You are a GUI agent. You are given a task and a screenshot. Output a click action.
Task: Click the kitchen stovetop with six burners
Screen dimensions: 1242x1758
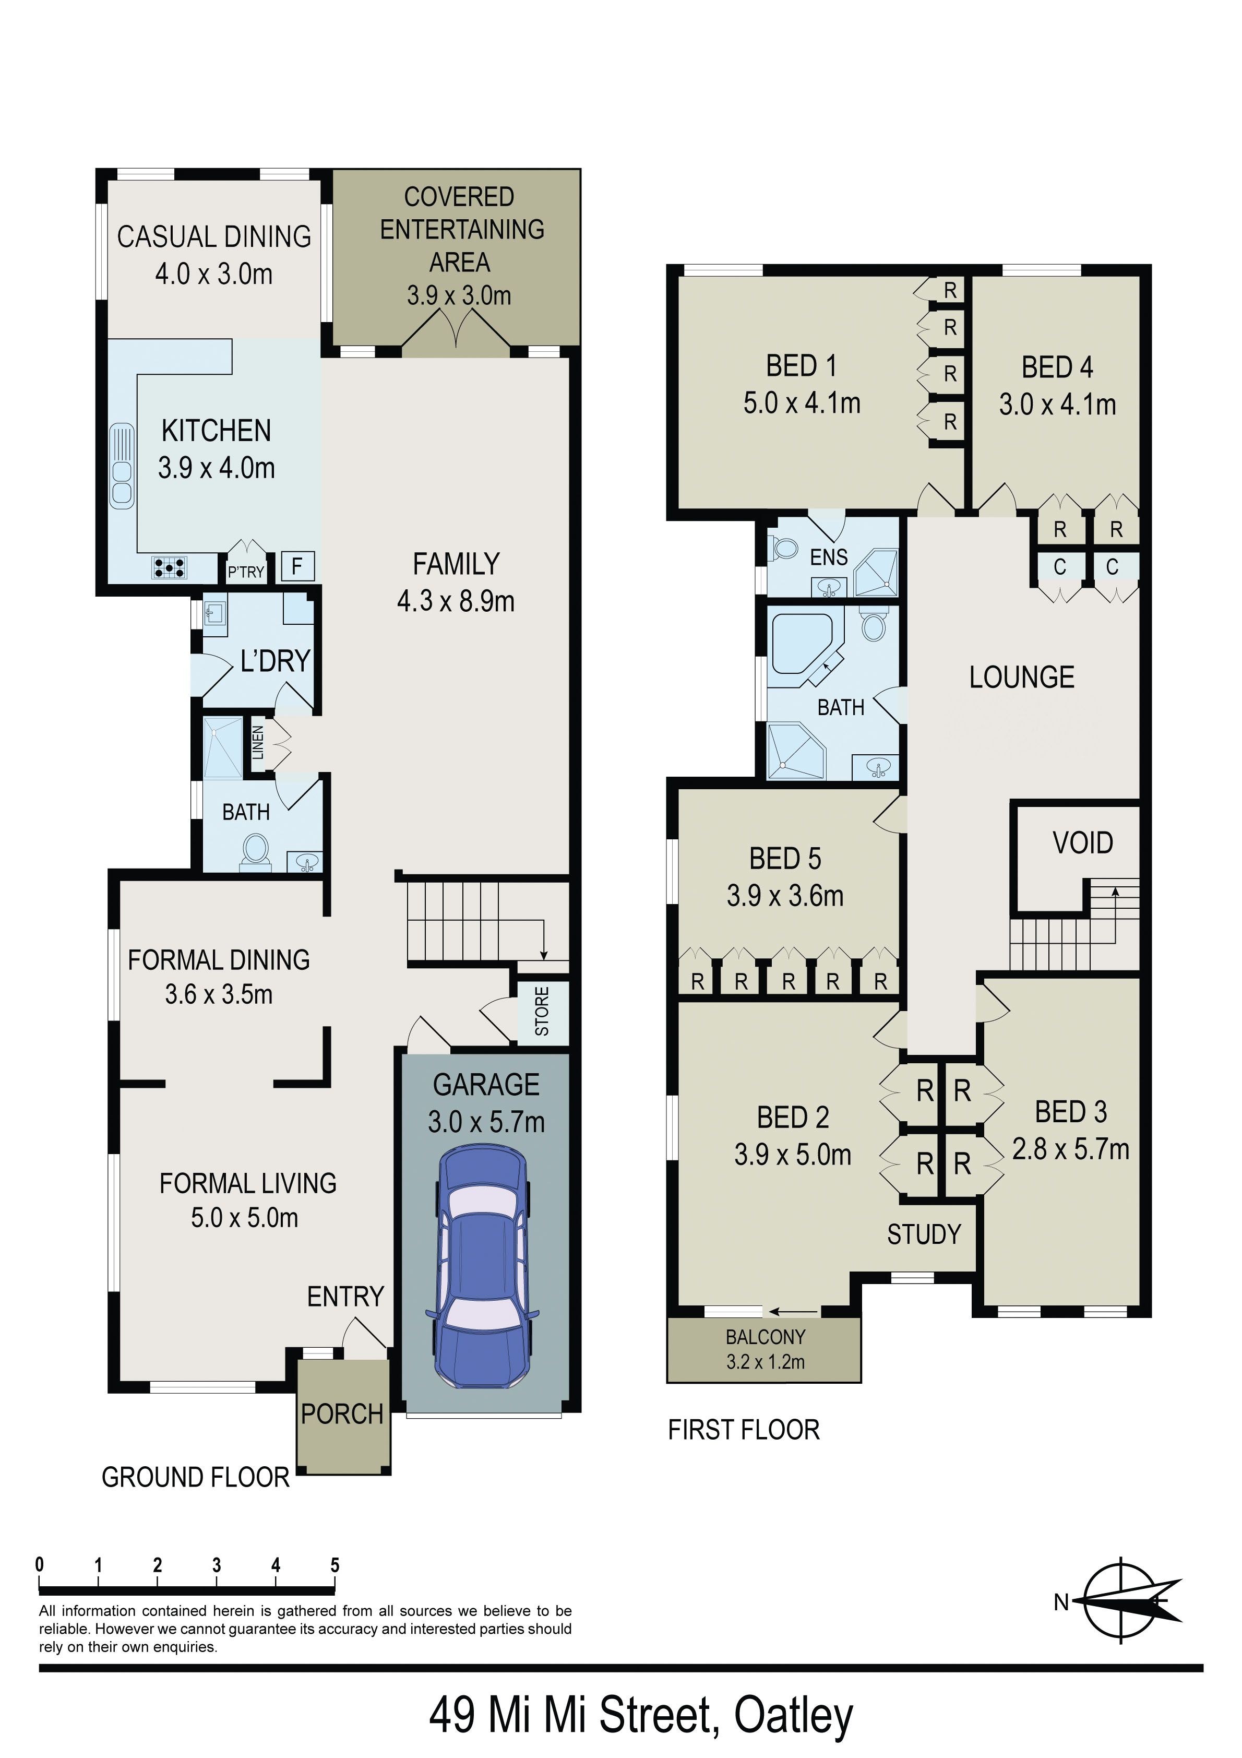[169, 567]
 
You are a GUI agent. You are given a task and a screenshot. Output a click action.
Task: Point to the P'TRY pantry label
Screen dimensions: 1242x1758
[246, 571]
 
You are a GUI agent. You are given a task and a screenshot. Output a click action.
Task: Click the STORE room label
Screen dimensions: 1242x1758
[541, 1012]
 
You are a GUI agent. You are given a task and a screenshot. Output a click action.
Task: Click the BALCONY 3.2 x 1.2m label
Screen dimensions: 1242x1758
[765, 1349]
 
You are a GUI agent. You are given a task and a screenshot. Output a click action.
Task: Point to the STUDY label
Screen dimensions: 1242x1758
[924, 1234]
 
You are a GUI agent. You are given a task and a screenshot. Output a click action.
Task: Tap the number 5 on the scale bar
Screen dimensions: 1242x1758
[335, 1565]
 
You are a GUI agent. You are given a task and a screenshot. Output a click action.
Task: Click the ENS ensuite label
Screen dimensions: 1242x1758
[829, 557]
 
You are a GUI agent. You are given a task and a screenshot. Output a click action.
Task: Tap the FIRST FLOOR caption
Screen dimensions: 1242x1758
[744, 1430]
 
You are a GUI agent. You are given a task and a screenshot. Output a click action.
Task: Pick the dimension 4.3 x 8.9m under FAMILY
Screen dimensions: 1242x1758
[456, 602]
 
